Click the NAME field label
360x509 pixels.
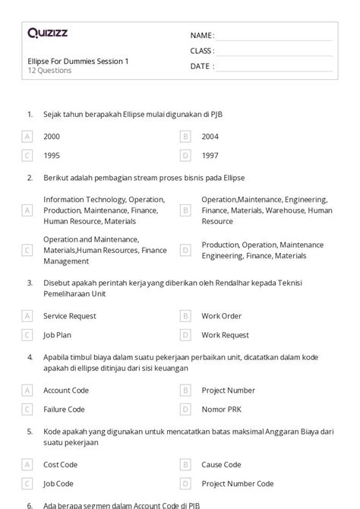(201, 36)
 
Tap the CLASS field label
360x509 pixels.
(202, 51)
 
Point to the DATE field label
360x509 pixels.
(201, 66)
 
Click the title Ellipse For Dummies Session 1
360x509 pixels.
(77, 61)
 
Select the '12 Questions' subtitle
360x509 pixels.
(49, 71)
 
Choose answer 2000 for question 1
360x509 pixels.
(52, 137)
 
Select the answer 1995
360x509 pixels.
(52, 156)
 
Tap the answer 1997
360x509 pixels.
(210, 156)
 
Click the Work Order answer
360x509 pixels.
(221, 315)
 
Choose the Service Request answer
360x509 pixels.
(71, 315)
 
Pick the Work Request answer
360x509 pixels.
(225, 334)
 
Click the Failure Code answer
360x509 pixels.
(64, 409)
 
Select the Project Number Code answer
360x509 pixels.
(237, 483)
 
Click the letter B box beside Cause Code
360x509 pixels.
(185, 464)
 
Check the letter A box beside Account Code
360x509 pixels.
(27, 390)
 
